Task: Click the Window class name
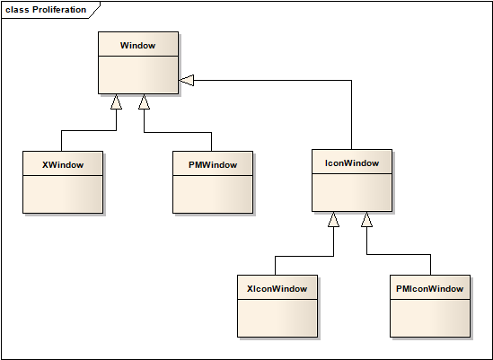(x=137, y=44)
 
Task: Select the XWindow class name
(x=62, y=164)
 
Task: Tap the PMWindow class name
(x=212, y=164)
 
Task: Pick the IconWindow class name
(x=352, y=163)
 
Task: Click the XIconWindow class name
(x=277, y=288)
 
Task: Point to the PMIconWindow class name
(x=430, y=288)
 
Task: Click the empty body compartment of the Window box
(x=137, y=75)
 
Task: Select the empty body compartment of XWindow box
(x=62, y=194)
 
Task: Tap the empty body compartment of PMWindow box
(x=212, y=194)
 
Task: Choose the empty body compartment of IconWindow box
(x=352, y=192)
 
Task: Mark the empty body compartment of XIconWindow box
(x=277, y=318)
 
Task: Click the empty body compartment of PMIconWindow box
(x=430, y=318)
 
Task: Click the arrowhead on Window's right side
(x=186, y=81)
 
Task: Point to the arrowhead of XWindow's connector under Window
(x=116, y=101)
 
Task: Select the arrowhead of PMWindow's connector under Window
(x=144, y=101)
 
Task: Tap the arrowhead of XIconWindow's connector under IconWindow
(x=333, y=219)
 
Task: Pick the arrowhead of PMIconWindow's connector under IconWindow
(x=366, y=219)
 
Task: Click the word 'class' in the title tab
(x=17, y=10)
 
